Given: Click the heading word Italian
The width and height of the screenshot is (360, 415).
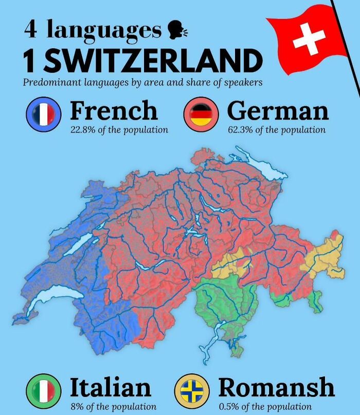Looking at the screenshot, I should tap(111, 387).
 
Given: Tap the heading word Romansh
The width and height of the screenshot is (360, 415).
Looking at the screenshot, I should tap(276, 387).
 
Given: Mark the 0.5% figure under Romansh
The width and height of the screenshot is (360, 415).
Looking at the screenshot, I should tap(229, 406).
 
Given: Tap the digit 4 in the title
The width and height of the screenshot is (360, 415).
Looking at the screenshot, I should tap(30, 30).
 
